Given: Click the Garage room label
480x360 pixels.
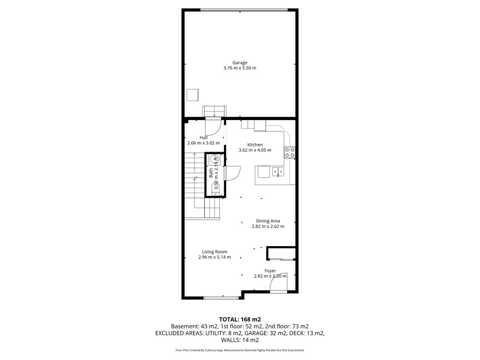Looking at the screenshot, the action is click(240, 63).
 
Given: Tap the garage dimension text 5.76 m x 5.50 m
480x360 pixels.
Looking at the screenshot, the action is click(240, 68).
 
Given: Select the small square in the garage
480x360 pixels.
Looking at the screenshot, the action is click(193, 95).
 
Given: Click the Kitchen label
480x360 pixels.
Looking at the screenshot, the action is click(255, 145).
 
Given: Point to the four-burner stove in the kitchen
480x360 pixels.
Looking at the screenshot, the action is click(289, 153).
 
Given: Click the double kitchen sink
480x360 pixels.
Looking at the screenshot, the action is click(278, 172).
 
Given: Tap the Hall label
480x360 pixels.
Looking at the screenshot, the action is click(204, 138).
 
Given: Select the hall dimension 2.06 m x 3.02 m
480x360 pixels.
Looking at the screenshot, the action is click(204, 143).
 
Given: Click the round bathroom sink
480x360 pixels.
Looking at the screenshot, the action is click(214, 159).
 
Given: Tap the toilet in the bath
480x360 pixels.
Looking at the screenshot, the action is click(215, 188).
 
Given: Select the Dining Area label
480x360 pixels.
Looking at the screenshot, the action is click(268, 221).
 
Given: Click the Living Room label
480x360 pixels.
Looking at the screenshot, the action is click(215, 252).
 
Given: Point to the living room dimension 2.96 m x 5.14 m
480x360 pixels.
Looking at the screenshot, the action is click(215, 257).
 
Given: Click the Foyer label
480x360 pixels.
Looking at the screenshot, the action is click(270, 271).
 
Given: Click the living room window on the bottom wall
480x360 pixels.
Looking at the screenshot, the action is click(221, 297).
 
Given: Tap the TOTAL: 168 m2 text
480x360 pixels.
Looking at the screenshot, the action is click(240, 320).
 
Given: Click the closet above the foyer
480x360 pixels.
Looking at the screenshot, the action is click(281, 253).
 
